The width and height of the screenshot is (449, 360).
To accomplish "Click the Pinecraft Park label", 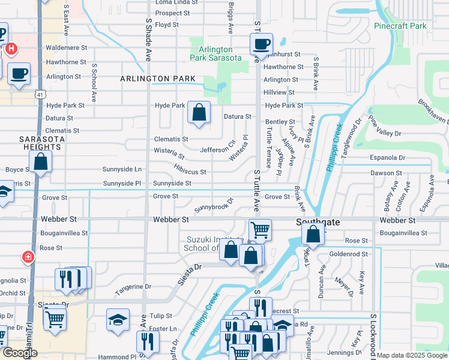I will pos(400,26).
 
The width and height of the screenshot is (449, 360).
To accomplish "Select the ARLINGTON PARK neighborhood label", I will pos(157,79).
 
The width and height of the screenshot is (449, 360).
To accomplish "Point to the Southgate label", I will pos(318,222).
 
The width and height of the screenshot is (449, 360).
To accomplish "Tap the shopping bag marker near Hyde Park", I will pos(199,112).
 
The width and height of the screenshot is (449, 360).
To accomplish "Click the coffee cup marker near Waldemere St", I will pos(262,44).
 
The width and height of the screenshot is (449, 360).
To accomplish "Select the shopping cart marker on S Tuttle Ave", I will pos(260,229).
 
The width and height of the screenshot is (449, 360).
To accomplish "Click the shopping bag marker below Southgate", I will pos(313,234).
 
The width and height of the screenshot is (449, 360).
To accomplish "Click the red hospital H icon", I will pos(10,48).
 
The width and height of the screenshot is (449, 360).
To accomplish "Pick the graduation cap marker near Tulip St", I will pos(118,319).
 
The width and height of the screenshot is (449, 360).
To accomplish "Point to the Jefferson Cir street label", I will pos(218,150).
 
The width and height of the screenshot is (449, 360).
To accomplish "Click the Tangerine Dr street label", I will pos(133,287).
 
